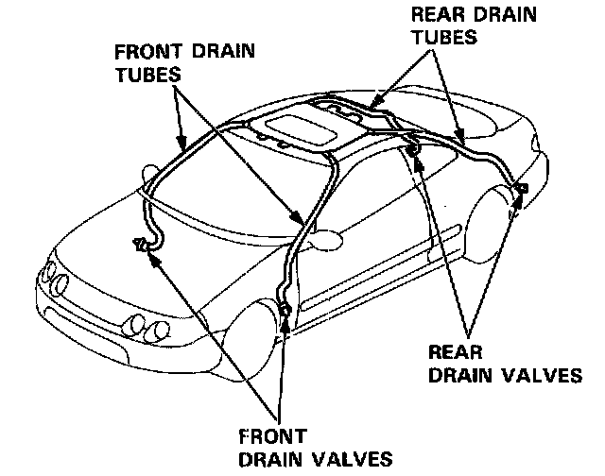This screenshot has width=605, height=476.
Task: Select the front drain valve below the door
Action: pyautogui.click(x=286, y=310)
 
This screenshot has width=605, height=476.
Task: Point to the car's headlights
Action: pyautogui.click(x=57, y=283)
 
